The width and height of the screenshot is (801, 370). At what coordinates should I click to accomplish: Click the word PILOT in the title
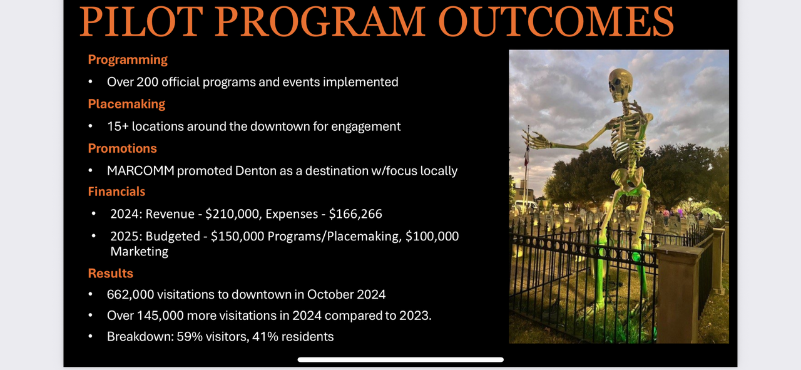click(141, 21)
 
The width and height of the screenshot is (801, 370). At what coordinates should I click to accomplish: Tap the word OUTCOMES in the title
click(556, 21)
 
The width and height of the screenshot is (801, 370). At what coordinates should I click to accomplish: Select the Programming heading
click(128, 59)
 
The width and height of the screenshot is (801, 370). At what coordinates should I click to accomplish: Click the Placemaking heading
click(126, 104)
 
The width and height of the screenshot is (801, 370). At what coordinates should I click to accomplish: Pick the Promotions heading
click(122, 148)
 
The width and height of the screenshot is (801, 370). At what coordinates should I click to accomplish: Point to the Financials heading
click(116, 192)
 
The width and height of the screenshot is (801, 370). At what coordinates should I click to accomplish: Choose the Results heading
click(111, 274)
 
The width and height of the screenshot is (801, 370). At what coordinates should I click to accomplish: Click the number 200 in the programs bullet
click(147, 82)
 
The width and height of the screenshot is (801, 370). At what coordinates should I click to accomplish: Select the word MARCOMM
click(141, 171)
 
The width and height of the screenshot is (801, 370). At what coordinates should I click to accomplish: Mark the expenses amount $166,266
click(355, 214)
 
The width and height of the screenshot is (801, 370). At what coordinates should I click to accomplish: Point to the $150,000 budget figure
click(237, 236)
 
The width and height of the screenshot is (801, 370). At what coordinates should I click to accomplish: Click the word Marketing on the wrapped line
click(139, 252)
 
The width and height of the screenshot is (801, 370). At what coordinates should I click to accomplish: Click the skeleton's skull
click(620, 85)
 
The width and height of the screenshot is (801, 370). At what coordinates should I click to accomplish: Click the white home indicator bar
click(400, 359)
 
